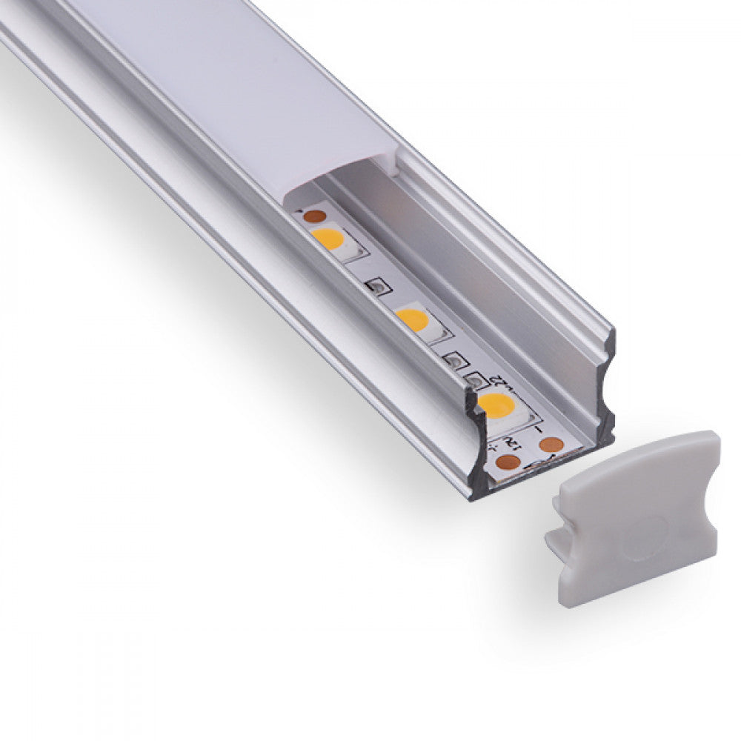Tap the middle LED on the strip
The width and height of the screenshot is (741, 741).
[412, 319]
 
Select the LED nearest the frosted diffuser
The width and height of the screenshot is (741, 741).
[328, 239]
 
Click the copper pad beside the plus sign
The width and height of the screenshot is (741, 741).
[508, 462]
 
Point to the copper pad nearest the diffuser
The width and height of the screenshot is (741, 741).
[314, 216]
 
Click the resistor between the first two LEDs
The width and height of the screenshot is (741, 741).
[376, 286]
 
